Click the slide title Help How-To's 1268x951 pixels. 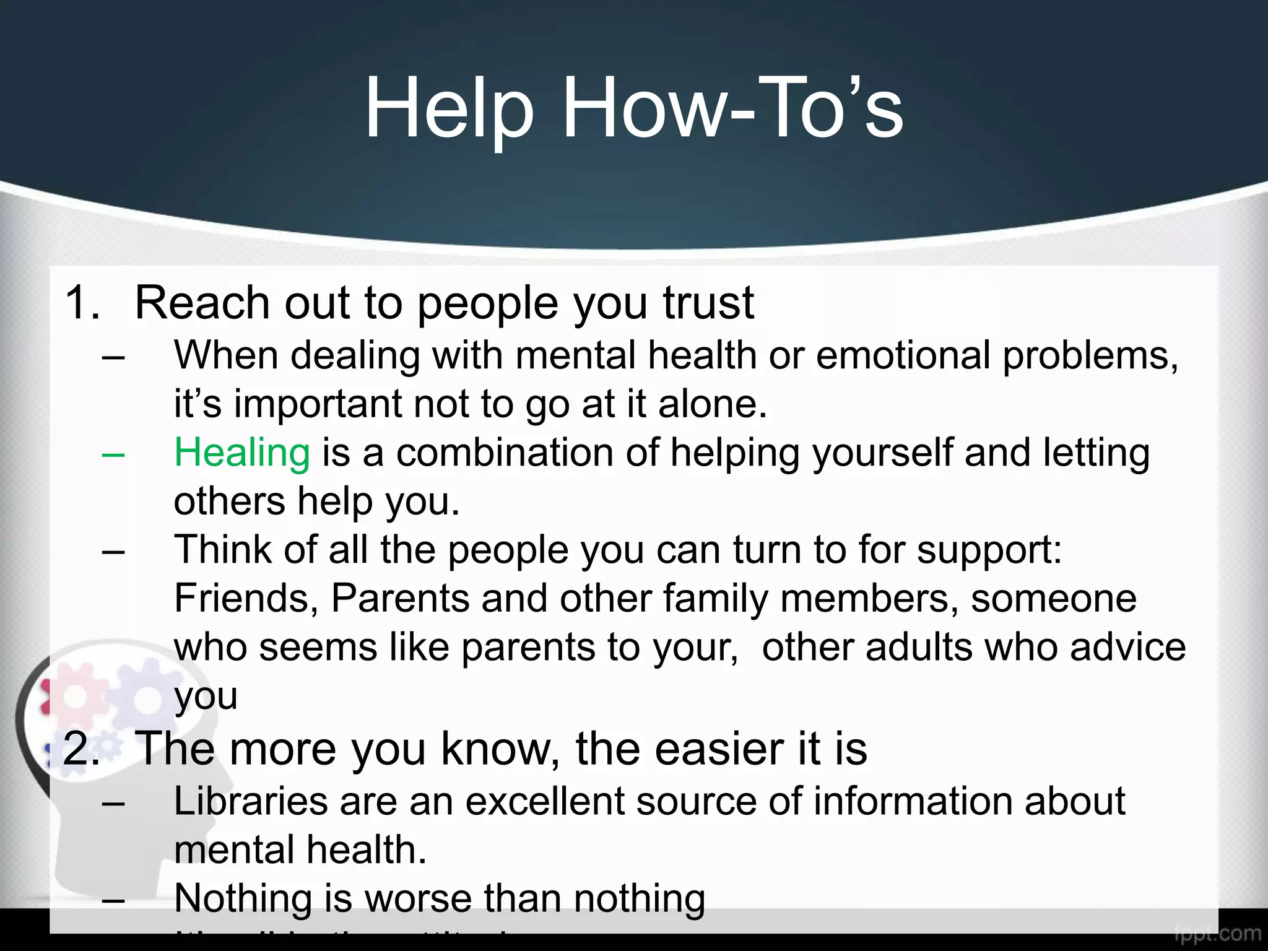point(633,109)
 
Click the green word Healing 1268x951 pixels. point(241,453)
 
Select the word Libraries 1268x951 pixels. point(250,801)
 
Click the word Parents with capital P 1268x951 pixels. point(400,598)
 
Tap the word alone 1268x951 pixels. point(712,404)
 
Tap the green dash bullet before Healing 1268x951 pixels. point(113,454)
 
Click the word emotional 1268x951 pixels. point(903,355)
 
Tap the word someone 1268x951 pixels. point(1053,598)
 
